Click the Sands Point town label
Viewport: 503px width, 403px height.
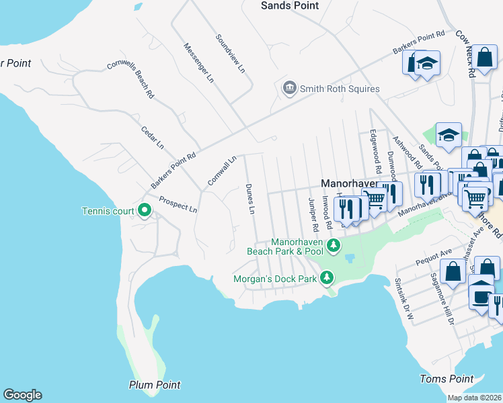[x=289, y=5]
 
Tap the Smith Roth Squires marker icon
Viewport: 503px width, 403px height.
[x=290, y=88]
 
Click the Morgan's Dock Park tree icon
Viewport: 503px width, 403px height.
[x=327, y=277]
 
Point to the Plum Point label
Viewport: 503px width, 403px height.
[x=155, y=385]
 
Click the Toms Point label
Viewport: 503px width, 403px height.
[x=442, y=379]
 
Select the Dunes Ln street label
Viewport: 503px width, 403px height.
[x=250, y=199]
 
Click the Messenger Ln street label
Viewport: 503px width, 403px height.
[x=199, y=63]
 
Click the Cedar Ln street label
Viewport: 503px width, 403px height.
[x=152, y=137]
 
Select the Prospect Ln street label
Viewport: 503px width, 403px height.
[x=178, y=204]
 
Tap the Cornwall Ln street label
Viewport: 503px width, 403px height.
[x=222, y=171]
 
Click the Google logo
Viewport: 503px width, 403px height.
[x=22, y=395]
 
